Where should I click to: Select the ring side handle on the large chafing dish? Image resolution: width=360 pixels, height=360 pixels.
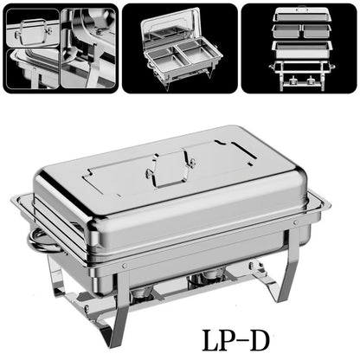click(x=39, y=240)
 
